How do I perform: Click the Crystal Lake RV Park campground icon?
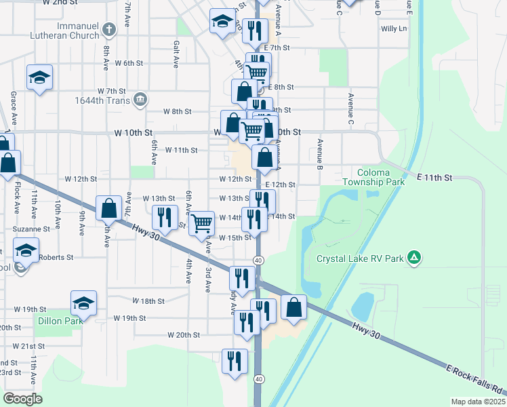tap(415, 258)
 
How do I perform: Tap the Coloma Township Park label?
tap(373, 177)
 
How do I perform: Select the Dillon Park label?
tap(60, 321)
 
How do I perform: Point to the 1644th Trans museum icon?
tap(140, 100)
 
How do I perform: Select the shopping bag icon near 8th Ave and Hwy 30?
tap(108, 208)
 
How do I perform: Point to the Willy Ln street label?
tap(394, 28)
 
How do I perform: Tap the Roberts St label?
tap(56, 257)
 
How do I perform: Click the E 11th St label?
tap(434, 177)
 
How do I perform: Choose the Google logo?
tap(22, 399)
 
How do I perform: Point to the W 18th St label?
tap(149, 301)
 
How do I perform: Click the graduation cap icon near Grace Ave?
tap(39, 77)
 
